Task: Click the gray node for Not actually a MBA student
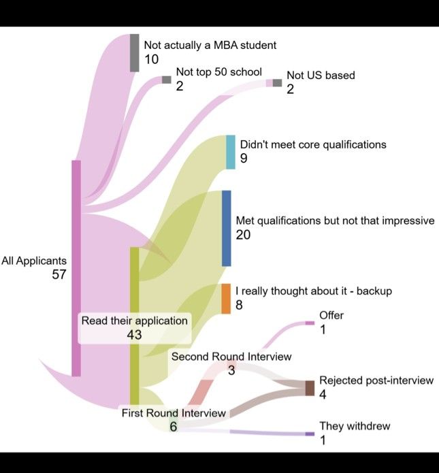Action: click(x=135, y=53)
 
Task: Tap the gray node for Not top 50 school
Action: click(x=167, y=80)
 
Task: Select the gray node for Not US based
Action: click(x=277, y=82)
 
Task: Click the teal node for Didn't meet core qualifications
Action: click(x=231, y=152)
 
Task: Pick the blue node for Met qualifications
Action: click(x=227, y=229)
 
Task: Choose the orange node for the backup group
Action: click(x=226, y=299)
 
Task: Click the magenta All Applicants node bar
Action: click(x=76, y=268)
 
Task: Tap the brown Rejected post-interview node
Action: click(x=310, y=388)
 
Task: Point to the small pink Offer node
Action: click(x=310, y=323)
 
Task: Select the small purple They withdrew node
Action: click(x=310, y=434)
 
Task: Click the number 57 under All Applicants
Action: click(x=59, y=274)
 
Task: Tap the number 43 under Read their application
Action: click(x=134, y=335)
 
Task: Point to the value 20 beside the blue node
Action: click(x=243, y=235)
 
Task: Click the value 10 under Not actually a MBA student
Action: click(x=152, y=59)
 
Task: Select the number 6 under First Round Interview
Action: click(x=173, y=427)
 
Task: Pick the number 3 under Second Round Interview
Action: click(x=231, y=370)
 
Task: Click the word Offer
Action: click(x=331, y=315)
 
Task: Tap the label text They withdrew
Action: click(x=355, y=426)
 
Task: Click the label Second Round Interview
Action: click(x=231, y=357)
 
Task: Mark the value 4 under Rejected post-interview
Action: click(x=323, y=394)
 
